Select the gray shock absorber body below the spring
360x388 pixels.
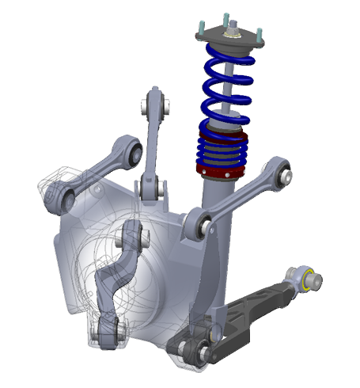(x=215, y=194)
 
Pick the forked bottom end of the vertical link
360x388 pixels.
(x=150, y=190)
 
